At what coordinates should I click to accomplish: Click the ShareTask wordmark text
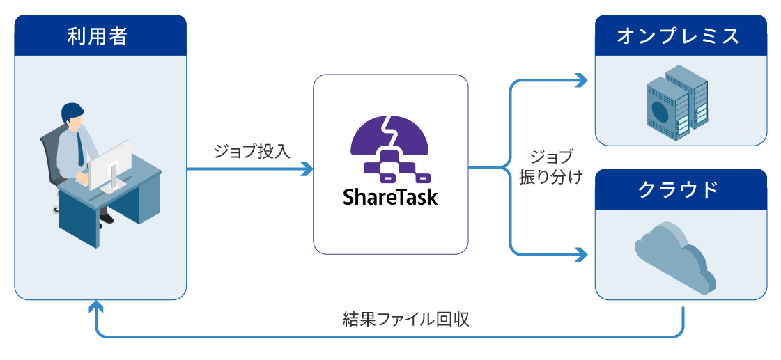click(390, 196)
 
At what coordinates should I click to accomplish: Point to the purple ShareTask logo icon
click(390, 148)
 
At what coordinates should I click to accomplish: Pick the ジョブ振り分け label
click(551, 167)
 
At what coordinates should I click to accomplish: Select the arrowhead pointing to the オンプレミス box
click(582, 80)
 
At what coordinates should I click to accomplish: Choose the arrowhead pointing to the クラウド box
click(582, 254)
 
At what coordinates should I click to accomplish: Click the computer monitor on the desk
click(111, 164)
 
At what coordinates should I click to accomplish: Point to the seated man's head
click(72, 116)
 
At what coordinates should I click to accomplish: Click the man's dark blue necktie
click(79, 149)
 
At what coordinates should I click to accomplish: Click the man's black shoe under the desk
click(107, 217)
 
